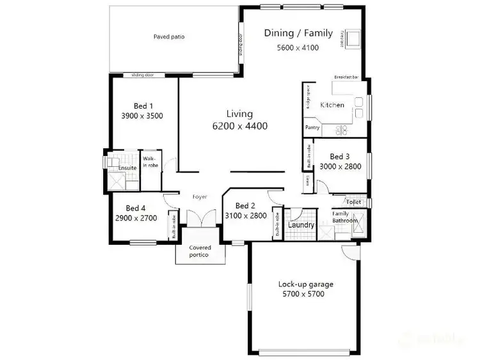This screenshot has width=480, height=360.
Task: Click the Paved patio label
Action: pyautogui.click(x=169, y=37)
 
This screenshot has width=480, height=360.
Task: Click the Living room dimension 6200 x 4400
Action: pyautogui.click(x=239, y=126)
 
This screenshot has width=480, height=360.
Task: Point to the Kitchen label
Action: pyautogui.click(x=332, y=105)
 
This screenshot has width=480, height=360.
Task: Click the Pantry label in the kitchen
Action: pyautogui.click(x=312, y=128)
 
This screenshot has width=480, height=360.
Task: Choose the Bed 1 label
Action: pyautogui.click(x=141, y=106)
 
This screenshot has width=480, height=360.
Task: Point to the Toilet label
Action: pyautogui.click(x=354, y=202)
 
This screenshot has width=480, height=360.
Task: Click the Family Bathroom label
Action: pyautogui.click(x=344, y=217)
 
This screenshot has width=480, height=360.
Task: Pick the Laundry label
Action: pyautogui.click(x=301, y=225)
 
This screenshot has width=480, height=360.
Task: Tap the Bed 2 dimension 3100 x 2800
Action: pyautogui.click(x=246, y=216)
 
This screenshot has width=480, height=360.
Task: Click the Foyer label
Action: pyautogui.click(x=200, y=197)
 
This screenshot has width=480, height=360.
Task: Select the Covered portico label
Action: pyautogui.click(x=198, y=251)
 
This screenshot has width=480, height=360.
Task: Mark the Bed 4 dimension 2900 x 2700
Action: pyautogui.click(x=136, y=218)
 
